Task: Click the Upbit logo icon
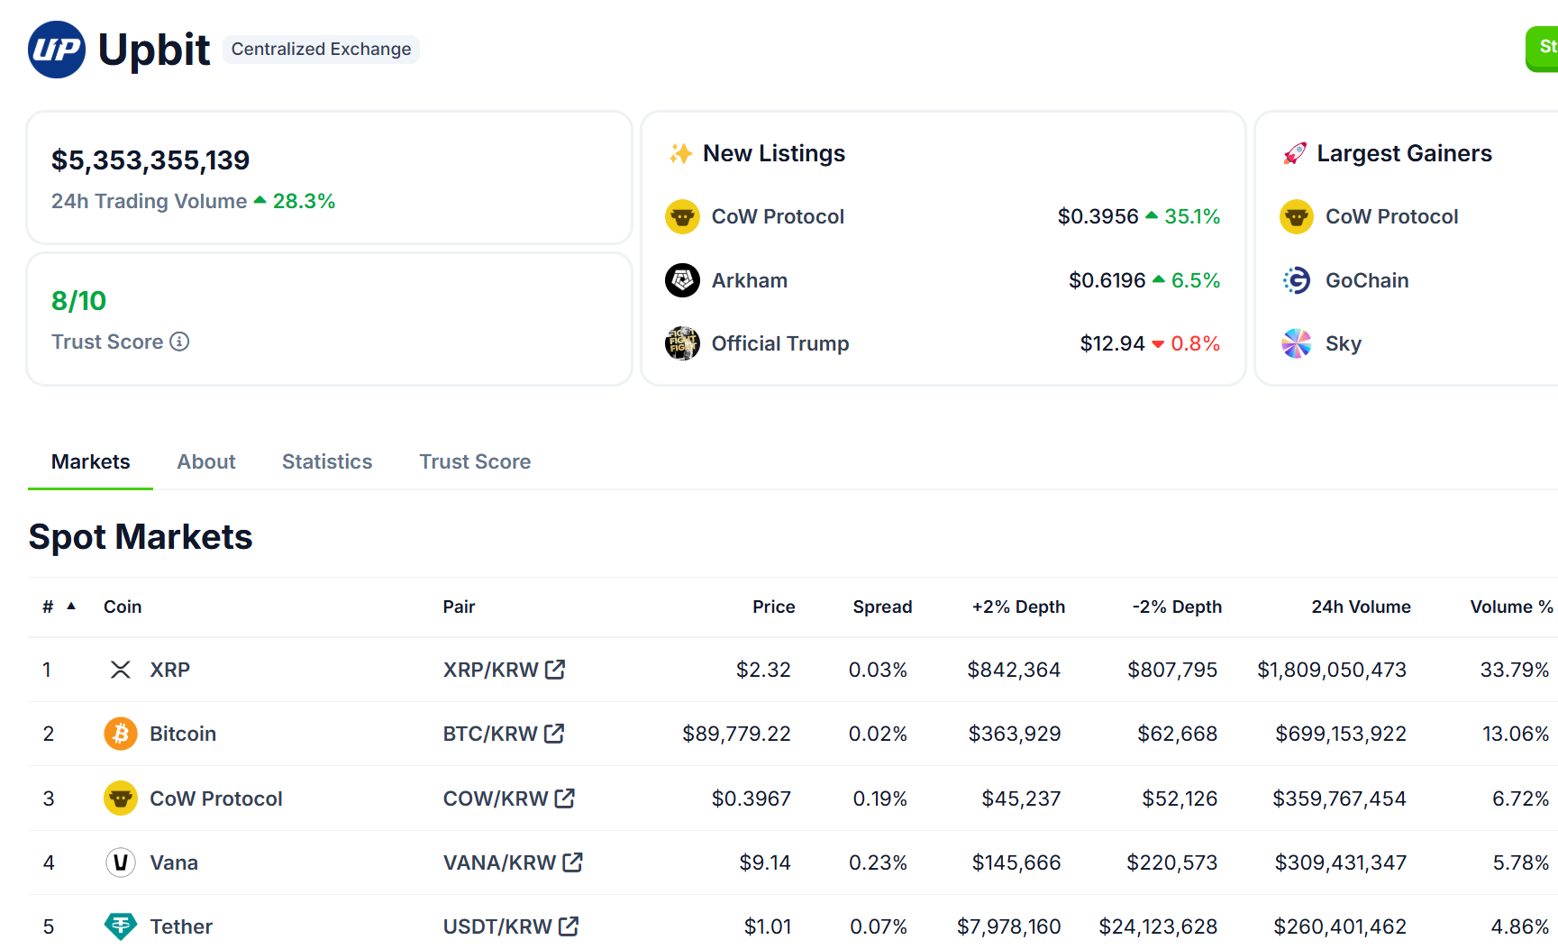coord(57,50)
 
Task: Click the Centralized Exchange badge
coord(321,50)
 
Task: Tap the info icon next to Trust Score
coord(179,342)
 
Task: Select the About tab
coord(205,461)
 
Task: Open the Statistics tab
coord(326,461)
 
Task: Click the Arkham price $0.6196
coord(1107,280)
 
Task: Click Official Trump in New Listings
coord(779,343)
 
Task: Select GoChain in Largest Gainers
coord(1366,280)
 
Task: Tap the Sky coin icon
coord(1296,343)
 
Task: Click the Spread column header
coord(881,607)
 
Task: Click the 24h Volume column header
coord(1360,607)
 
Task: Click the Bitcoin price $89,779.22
coord(735,734)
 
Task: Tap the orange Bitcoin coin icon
coord(121,734)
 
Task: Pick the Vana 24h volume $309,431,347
coord(1340,862)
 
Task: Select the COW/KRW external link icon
coord(565,798)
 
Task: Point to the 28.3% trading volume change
coord(303,201)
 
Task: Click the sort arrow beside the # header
coord(71,606)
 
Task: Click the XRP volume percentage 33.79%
coord(1514,670)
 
